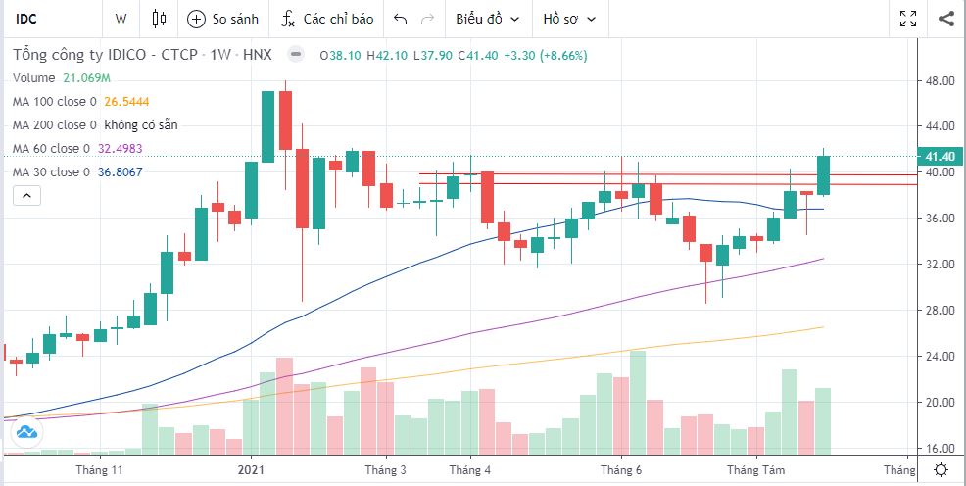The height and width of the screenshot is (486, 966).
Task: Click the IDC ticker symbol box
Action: click(49, 18)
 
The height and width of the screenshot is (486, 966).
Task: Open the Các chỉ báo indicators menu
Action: click(327, 18)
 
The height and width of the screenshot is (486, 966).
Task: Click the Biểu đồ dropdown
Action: click(486, 18)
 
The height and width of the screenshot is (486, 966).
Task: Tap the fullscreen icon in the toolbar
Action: click(908, 18)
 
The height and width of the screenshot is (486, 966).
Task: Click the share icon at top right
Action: click(945, 18)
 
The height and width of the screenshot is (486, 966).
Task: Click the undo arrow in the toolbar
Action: click(400, 18)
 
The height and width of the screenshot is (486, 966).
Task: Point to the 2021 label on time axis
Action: click(251, 470)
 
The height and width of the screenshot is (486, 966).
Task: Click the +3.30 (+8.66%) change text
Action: click(545, 56)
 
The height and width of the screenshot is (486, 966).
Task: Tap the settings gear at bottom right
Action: click(941, 470)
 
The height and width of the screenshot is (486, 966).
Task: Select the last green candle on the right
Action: click(824, 175)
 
